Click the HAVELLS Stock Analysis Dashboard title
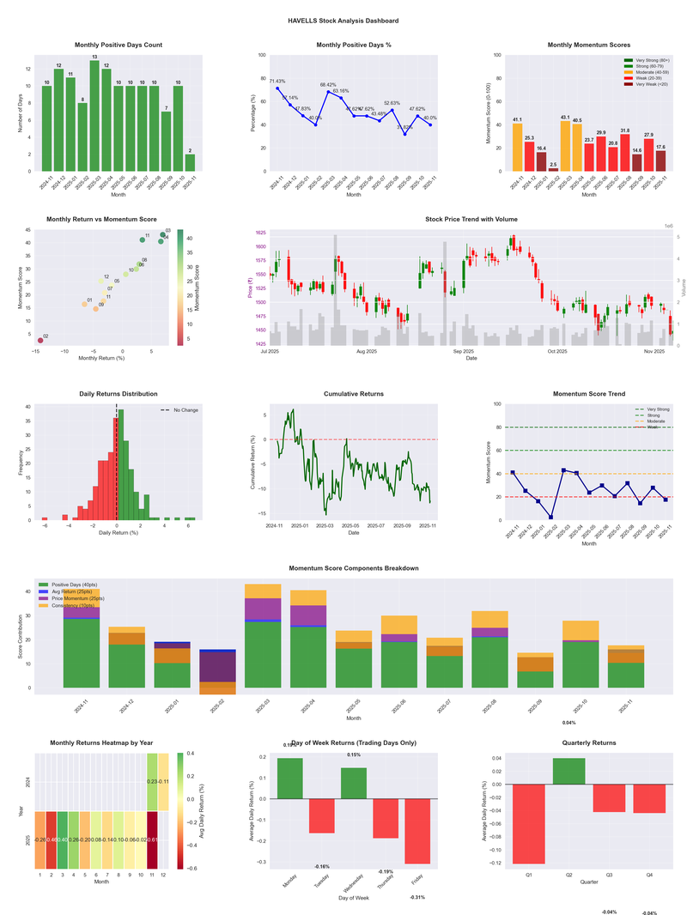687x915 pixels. [343, 20]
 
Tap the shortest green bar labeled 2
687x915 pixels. [189, 162]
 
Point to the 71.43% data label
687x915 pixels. [277, 80]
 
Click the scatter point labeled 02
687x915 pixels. [40, 342]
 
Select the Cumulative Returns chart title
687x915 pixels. [354, 394]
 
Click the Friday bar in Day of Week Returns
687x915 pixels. [418, 831]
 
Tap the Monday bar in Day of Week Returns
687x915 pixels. [289, 779]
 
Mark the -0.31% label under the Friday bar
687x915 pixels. [418, 897]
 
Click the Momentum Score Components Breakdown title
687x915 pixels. [354, 569]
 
